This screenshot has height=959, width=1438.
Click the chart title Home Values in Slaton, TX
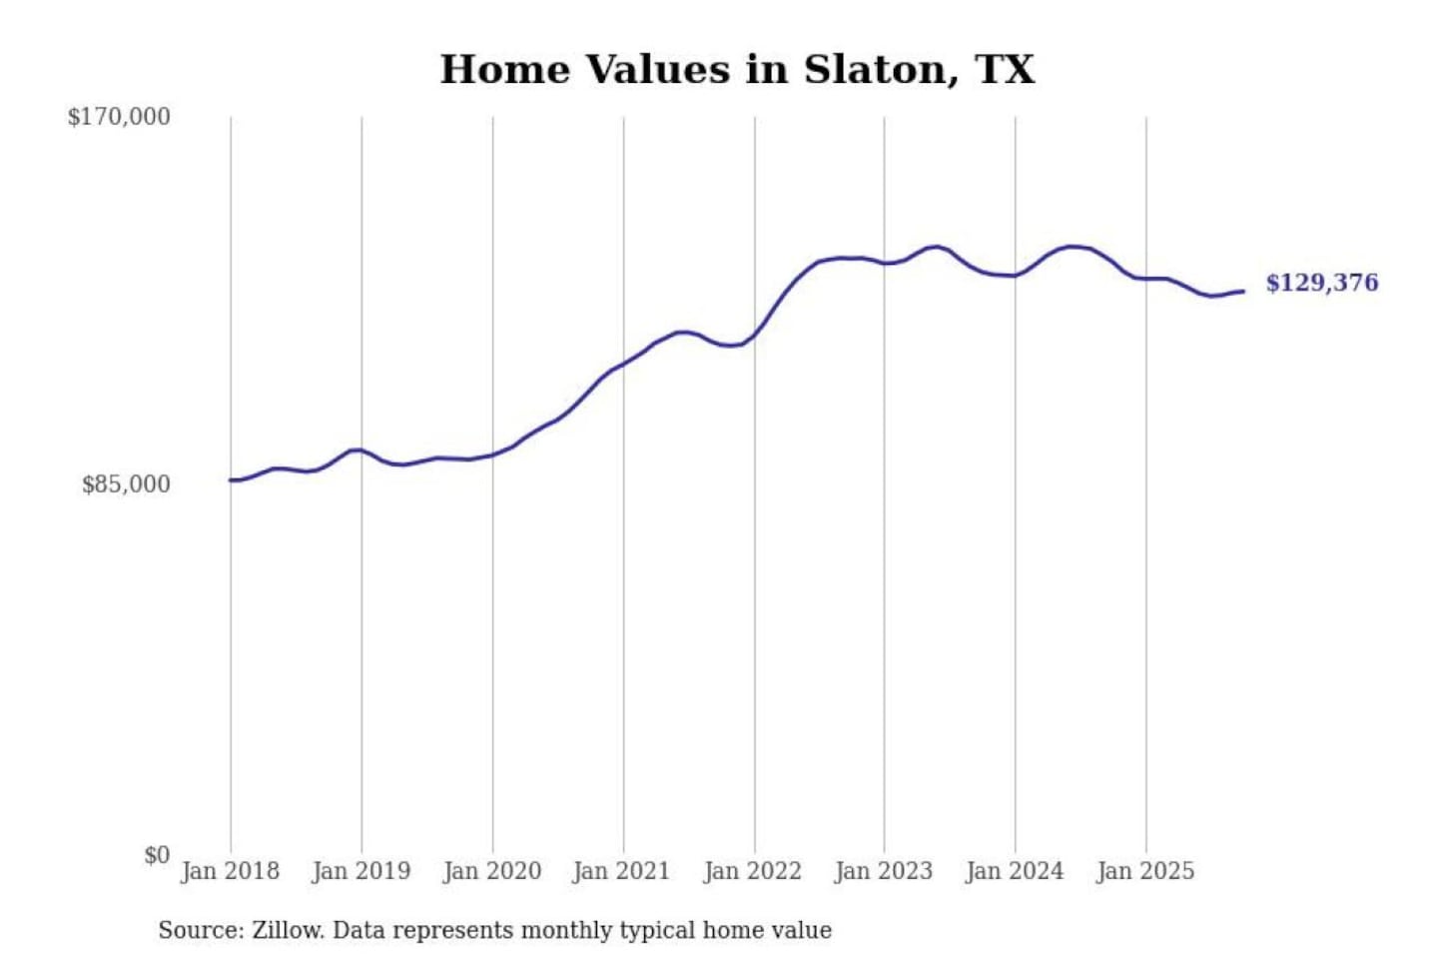[737, 70]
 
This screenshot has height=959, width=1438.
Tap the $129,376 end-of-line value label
[1321, 283]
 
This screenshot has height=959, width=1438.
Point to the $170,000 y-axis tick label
[119, 117]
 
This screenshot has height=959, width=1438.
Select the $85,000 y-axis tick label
[126, 484]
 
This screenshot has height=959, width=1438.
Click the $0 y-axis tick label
[157, 855]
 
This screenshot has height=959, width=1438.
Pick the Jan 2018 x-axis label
[230, 871]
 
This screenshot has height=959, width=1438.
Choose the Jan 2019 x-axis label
[360, 871]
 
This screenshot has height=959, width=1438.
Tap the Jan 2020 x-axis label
[491, 871]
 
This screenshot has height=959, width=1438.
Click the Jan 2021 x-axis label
[621, 871]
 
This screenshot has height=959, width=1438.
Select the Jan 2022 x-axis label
[752, 871]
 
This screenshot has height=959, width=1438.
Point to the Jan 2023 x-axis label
[883, 871]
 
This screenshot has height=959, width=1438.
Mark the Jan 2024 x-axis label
[1014, 871]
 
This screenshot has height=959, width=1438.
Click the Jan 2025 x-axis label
[1144, 871]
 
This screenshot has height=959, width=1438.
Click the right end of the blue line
[1243, 291]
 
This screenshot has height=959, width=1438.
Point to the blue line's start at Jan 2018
[231, 480]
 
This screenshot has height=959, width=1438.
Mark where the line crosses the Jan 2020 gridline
[492, 455]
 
